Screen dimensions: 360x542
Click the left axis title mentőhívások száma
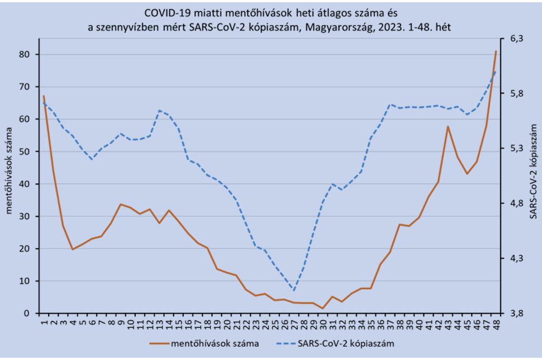[9, 170]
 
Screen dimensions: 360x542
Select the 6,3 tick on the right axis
[517, 39]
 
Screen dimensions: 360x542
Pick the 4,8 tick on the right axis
[517, 203]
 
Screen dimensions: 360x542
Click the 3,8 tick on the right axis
[517, 314]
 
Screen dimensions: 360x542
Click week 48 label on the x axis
[496, 323]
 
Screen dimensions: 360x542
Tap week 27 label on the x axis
[294, 323]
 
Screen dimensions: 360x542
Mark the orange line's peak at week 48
[496, 51]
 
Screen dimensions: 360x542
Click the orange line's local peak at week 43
[448, 127]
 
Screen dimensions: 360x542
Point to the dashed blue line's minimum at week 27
[294, 290]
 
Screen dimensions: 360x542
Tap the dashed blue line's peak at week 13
[159, 110]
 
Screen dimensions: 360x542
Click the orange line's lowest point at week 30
[322, 309]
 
